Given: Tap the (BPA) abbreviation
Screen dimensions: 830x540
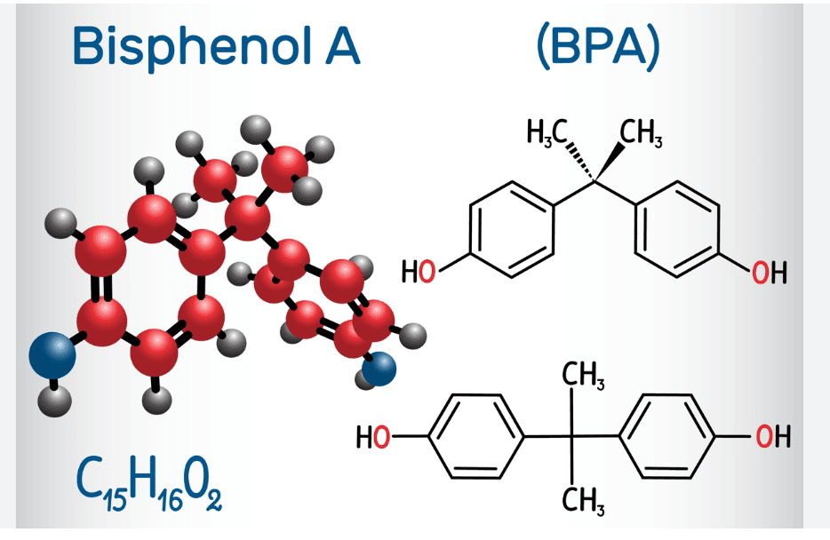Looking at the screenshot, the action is pyautogui.click(x=598, y=46).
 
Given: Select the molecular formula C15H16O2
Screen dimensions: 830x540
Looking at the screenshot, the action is pyautogui.click(x=148, y=486).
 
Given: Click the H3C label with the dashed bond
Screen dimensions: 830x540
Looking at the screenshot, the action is pyautogui.click(x=547, y=131).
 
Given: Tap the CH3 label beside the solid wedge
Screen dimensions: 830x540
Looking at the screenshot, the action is pyautogui.click(x=641, y=132).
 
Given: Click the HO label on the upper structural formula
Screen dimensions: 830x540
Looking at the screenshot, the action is pyautogui.click(x=419, y=272).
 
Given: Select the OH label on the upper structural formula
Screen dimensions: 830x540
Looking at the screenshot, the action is pyautogui.click(x=770, y=272).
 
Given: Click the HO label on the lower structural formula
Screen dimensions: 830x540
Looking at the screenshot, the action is pyautogui.click(x=373, y=437).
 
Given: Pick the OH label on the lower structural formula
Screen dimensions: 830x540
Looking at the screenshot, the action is pyautogui.click(x=773, y=437).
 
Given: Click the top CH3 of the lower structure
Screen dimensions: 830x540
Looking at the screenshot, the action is pyautogui.click(x=583, y=375).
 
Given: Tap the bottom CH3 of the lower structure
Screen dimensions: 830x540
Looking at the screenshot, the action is pyautogui.click(x=583, y=501).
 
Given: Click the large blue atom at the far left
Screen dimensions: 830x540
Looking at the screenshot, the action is pyautogui.click(x=52, y=355).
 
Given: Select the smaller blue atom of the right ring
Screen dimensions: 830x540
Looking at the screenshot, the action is pyautogui.click(x=379, y=369).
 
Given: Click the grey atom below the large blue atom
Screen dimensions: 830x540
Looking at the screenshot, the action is pyautogui.click(x=54, y=401).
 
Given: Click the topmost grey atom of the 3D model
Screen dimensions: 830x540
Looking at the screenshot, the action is pyautogui.click(x=256, y=130).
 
